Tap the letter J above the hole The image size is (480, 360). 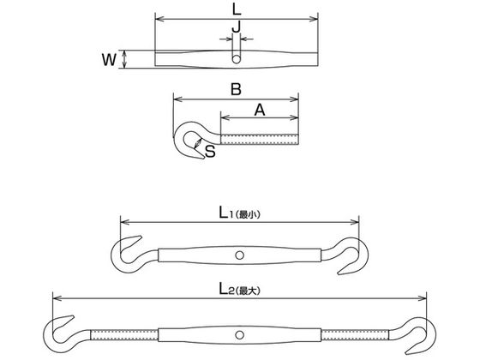pos(236,27)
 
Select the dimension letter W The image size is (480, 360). pos(109,59)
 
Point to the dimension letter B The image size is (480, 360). pos(236,89)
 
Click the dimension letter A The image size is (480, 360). pos(260,110)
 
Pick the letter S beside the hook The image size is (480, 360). pos(210,151)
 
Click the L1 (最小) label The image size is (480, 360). pos(240,213)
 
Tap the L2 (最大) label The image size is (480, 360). pos(240,289)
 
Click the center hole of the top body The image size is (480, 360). pos(236,59)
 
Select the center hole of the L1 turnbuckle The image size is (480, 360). pos(240,255)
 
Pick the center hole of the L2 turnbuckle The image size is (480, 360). pos(240,334)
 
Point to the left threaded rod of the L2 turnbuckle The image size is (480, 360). pos(124,334)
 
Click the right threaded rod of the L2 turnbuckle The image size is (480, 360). pos(355,334)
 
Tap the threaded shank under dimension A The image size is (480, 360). pos(259,139)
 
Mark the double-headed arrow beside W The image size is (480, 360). pos(124,59)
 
